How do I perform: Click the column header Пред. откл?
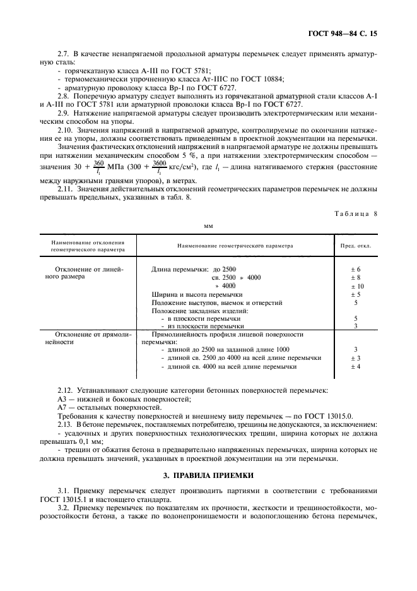tap(355, 245)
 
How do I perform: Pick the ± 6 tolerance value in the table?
tap(355, 270)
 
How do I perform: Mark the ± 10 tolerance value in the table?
tap(355, 286)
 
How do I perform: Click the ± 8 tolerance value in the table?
tap(355, 278)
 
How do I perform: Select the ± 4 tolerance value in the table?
tap(355, 366)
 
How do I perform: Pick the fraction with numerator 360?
tap(98, 165)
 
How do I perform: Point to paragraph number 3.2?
tap(64, 508)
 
